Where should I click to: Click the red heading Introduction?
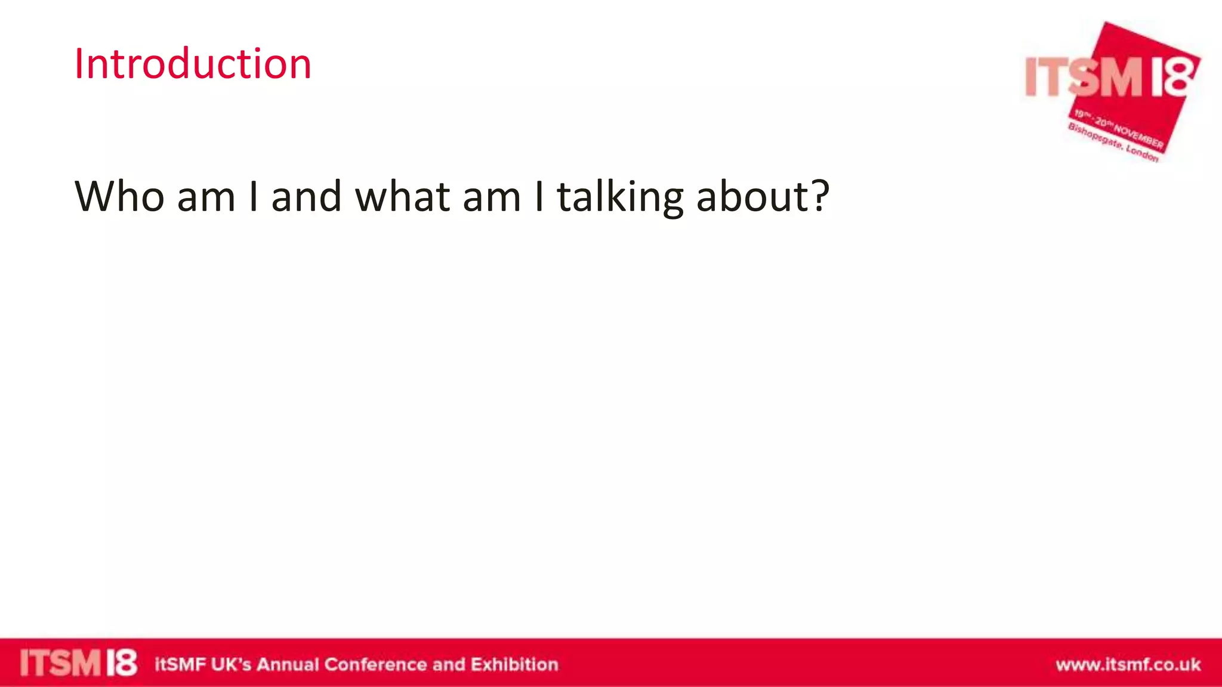coord(192,64)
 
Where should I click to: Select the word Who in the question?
coord(119,196)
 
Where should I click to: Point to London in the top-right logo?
coord(1143,153)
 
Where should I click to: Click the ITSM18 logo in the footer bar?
coord(78,663)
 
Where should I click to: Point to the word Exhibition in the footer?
coord(514,664)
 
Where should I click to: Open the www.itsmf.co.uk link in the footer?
coord(1128,664)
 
